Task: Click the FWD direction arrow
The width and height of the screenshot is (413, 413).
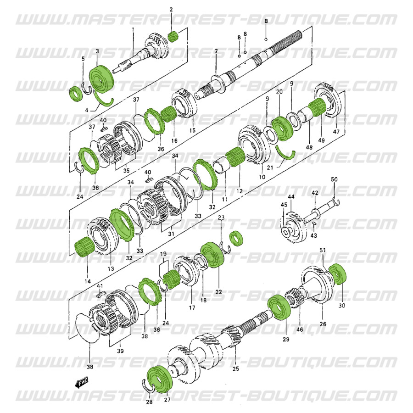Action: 82,382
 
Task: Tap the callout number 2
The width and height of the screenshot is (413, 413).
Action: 171,10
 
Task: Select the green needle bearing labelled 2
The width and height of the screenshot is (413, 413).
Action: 173,36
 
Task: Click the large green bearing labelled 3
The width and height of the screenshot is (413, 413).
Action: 101,79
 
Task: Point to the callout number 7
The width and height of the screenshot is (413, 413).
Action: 216,51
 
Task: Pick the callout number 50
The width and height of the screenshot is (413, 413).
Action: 334,179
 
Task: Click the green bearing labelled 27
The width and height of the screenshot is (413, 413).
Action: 160,379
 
